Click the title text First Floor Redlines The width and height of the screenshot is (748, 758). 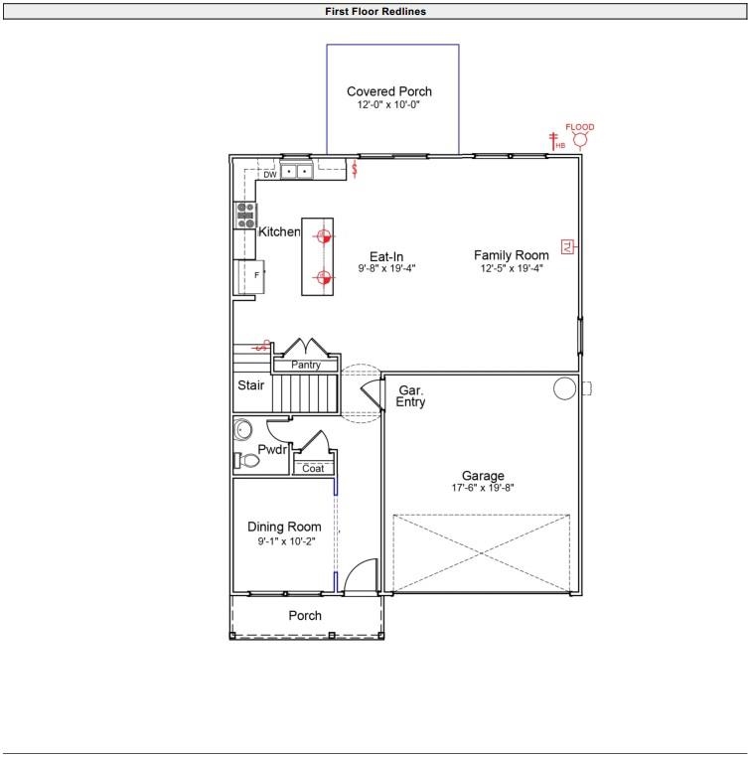pyautogui.click(x=374, y=12)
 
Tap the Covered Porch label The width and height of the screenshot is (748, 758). pyautogui.click(x=389, y=91)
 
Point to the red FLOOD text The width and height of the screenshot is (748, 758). pyautogui.click(x=580, y=127)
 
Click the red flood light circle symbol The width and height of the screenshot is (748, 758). pyautogui.click(x=580, y=141)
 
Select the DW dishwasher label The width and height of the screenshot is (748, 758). pyautogui.click(x=269, y=174)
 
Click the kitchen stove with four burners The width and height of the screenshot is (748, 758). pyautogui.click(x=245, y=216)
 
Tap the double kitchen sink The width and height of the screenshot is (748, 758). pyautogui.click(x=296, y=172)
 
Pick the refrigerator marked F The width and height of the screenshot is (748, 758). pyautogui.click(x=248, y=275)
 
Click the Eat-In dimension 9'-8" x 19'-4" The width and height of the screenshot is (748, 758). pyautogui.click(x=386, y=268)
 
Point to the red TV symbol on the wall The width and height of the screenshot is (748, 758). pyautogui.click(x=567, y=246)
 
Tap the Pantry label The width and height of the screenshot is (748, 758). pyautogui.click(x=306, y=366)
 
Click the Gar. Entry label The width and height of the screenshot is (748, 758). pyautogui.click(x=411, y=396)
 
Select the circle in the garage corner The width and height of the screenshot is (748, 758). pyautogui.click(x=564, y=388)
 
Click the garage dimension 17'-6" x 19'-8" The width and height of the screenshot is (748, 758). pyautogui.click(x=483, y=488)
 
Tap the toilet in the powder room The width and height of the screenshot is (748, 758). pyautogui.click(x=240, y=460)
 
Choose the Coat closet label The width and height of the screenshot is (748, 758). pyautogui.click(x=313, y=468)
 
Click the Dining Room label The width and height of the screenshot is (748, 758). pyautogui.click(x=284, y=527)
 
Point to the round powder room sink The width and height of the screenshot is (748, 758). pyautogui.click(x=243, y=430)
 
